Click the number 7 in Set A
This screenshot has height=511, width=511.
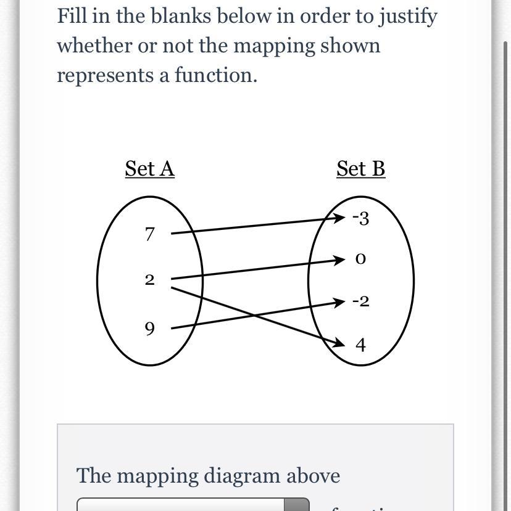(149, 234)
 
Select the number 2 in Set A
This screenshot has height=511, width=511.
(149, 280)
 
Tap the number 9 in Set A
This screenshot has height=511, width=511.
(149, 329)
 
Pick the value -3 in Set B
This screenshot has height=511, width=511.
(360, 218)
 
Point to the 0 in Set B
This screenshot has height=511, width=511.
(361, 260)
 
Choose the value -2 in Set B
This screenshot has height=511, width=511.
(360, 301)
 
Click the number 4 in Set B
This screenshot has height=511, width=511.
(361, 345)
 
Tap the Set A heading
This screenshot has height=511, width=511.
(149, 168)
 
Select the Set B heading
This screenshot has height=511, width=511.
(361, 168)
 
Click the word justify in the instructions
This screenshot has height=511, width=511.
(409, 17)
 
